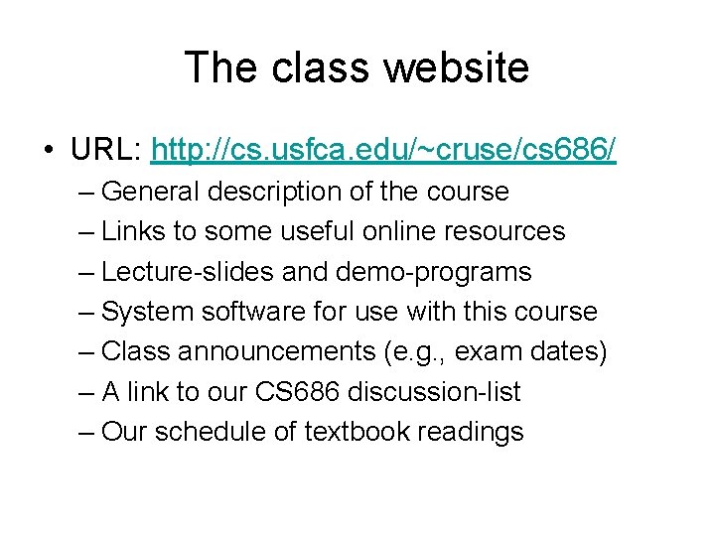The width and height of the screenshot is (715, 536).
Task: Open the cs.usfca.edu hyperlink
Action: pos(383,150)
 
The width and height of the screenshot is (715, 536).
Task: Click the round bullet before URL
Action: pos(47,152)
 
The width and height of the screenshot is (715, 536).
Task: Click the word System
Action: pos(149,312)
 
